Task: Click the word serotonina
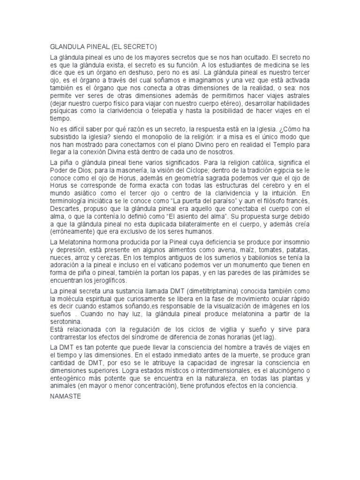tap(67, 322)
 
